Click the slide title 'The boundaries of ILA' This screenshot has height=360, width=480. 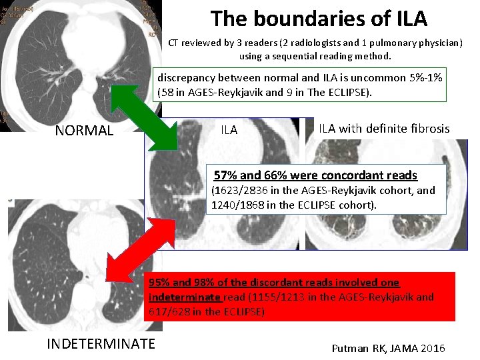coord(319,18)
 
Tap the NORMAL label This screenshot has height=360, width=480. coord(84,131)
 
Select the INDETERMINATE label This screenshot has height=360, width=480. coord(101,343)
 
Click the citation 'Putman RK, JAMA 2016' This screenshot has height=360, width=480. coord(388,349)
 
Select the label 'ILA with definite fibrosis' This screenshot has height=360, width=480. coord(384,129)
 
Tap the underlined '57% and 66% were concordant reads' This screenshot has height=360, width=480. coord(315,175)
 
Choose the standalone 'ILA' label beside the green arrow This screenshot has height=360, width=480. coord(229,131)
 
